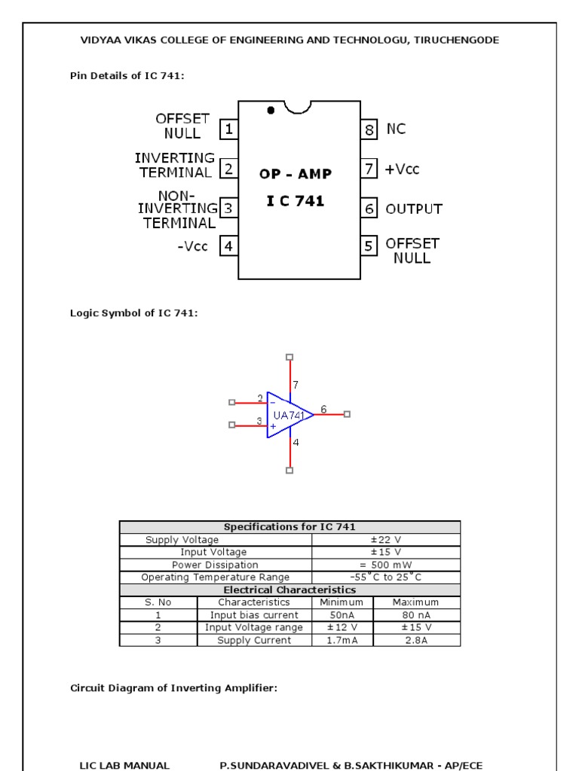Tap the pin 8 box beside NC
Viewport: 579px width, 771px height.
click(369, 130)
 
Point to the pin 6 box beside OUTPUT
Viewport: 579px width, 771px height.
click(369, 209)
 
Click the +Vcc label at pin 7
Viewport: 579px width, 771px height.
click(403, 169)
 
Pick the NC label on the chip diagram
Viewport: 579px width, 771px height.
click(396, 130)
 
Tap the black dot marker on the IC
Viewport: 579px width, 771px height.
click(271, 110)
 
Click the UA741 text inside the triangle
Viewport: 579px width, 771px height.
click(289, 415)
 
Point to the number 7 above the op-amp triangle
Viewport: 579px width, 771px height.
click(296, 385)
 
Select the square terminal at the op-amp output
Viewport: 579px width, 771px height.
click(347, 414)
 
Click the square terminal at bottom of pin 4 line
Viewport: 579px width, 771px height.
click(289, 471)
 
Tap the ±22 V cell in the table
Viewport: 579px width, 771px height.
click(385, 540)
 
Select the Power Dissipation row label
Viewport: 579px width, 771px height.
click(215, 565)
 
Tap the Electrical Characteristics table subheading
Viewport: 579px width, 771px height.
click(289, 590)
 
